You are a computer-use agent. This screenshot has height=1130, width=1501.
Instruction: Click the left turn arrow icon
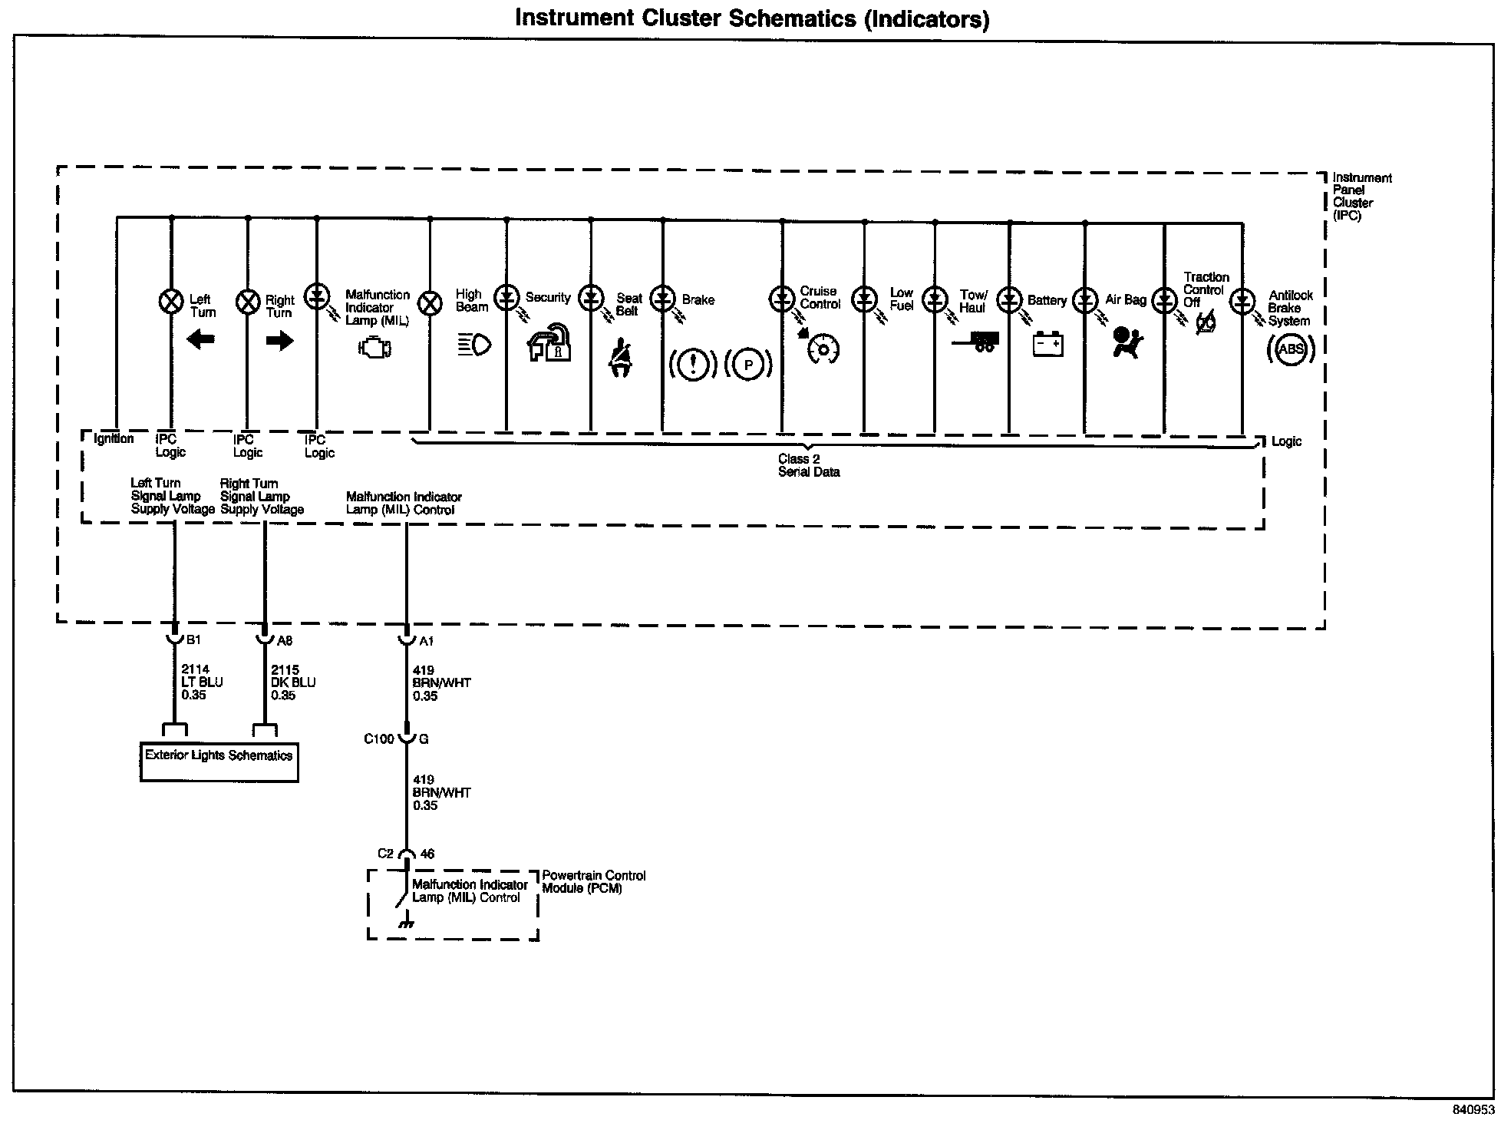coord(201,339)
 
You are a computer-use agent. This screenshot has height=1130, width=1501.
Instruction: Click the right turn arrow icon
coord(279,339)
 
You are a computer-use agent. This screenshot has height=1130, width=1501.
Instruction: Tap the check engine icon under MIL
coord(375,349)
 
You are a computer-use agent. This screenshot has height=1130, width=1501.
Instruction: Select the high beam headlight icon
coord(474,345)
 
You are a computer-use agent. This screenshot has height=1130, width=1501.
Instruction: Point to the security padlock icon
coord(549,343)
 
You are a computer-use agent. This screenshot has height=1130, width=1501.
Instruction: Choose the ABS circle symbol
coord(1291,349)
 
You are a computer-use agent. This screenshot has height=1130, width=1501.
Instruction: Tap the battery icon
coord(1047,344)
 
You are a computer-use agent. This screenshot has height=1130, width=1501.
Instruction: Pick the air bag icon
coord(1127,342)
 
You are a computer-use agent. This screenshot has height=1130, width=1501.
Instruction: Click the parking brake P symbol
coord(748,365)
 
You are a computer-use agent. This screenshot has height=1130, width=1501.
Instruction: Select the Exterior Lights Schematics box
coord(219,762)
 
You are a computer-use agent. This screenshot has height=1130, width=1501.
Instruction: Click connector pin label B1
coord(193,639)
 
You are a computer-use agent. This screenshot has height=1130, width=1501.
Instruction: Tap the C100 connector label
coord(378,738)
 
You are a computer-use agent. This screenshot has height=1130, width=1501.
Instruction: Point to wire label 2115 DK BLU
coord(292,682)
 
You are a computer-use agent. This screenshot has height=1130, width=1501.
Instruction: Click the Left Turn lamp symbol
coord(170,301)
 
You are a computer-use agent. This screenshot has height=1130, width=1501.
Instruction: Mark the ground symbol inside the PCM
coord(406,922)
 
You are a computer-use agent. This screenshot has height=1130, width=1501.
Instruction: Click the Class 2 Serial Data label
coord(809,465)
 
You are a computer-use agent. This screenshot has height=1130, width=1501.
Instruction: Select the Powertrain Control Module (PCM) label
coord(594,882)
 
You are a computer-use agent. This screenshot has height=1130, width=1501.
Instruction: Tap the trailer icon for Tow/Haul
coord(976,342)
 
